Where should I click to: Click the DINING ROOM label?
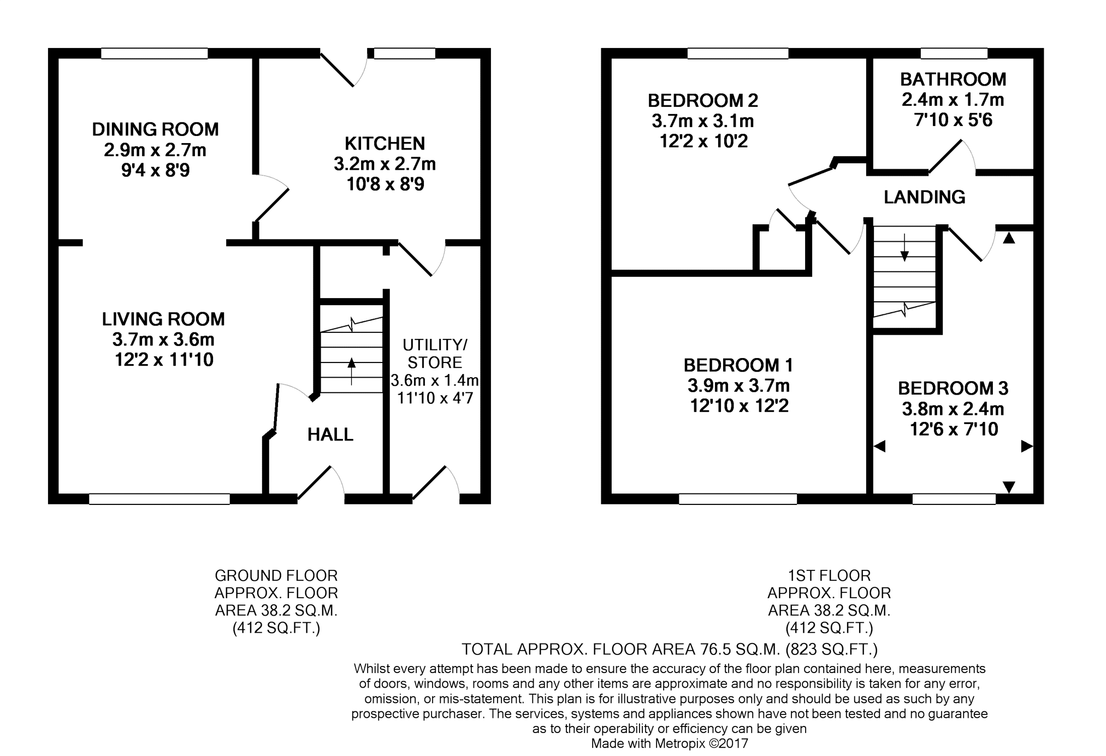tap(155, 129)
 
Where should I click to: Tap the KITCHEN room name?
tap(385, 144)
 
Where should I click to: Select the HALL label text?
tap(330, 434)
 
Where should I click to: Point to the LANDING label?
tap(924, 197)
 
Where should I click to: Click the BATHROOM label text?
tap(953, 80)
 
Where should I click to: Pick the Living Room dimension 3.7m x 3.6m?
tap(163, 340)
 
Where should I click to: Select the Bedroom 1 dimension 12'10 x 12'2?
tap(738, 406)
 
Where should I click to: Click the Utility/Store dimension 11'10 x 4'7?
tap(435, 398)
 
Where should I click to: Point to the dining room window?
tap(155, 53)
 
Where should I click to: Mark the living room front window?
tap(159, 499)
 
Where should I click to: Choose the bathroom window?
tap(954, 53)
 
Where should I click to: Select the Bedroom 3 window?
tap(954, 499)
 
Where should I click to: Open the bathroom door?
tap(951, 157)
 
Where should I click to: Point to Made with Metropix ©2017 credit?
tap(670, 743)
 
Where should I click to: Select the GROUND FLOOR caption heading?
tap(276, 576)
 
